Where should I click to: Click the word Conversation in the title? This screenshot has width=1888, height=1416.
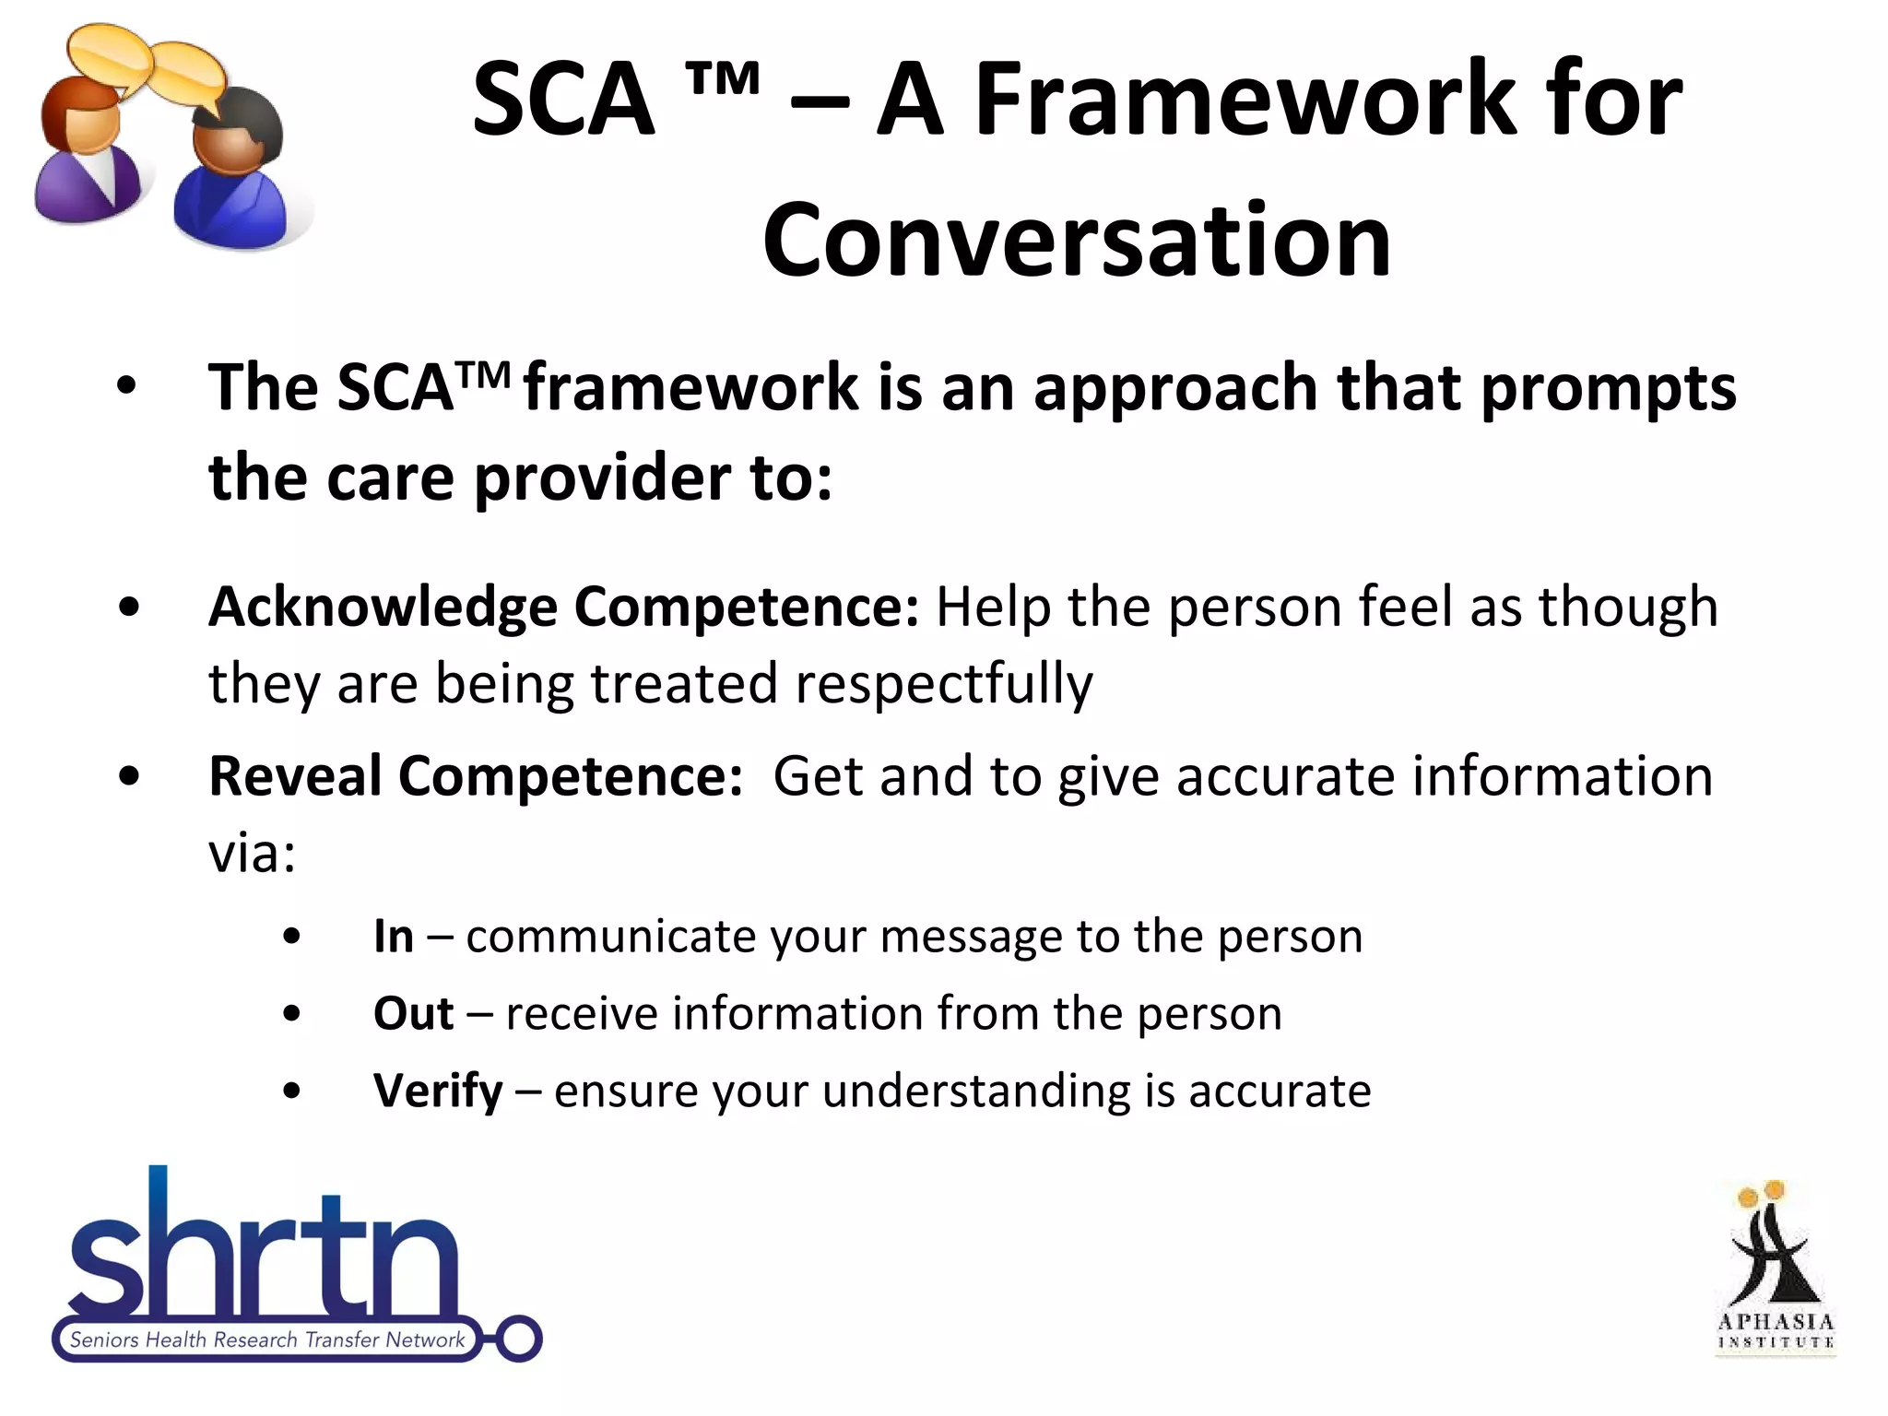point(1076,240)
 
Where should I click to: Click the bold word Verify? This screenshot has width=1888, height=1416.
point(438,1091)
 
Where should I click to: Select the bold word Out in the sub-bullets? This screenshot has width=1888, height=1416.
point(413,1014)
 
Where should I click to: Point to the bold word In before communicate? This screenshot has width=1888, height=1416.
point(394,937)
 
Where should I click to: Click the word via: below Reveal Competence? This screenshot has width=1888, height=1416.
point(252,854)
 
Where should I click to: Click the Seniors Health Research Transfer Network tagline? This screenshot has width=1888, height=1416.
point(266,1339)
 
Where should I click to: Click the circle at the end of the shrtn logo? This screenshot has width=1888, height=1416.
point(518,1339)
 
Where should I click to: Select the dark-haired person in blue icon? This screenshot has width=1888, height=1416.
point(230,175)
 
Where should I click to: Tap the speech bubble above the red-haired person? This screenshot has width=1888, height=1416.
point(109,55)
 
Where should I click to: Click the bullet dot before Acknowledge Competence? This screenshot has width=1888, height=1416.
point(129,608)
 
